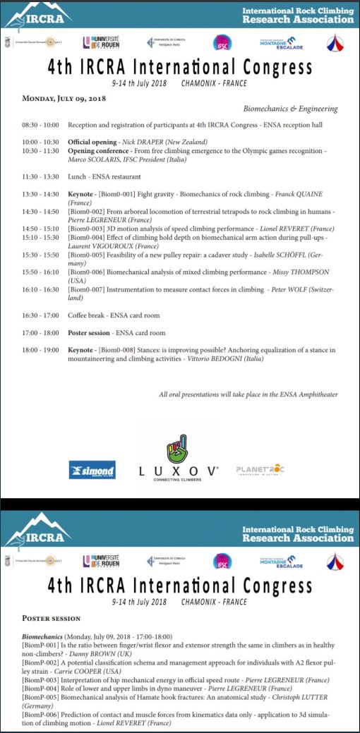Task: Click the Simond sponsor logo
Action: [x=92, y=469]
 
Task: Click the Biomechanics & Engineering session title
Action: [x=290, y=109]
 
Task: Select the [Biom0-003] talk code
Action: [x=88, y=229]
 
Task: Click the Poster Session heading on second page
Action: [x=51, y=619]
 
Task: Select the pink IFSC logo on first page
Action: [x=222, y=44]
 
